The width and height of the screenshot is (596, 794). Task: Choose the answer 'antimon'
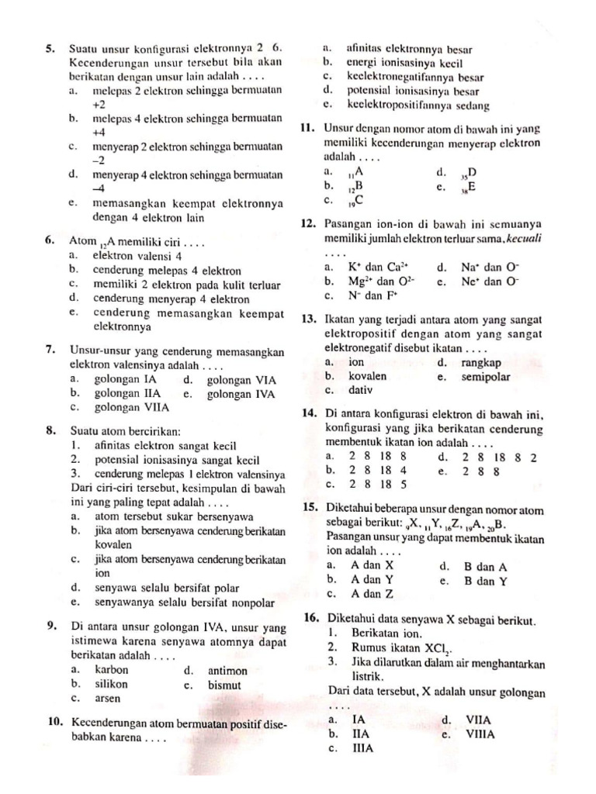[x=228, y=671]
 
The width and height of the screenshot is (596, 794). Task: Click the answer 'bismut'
[x=225, y=685]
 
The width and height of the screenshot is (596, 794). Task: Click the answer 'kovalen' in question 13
[x=369, y=376]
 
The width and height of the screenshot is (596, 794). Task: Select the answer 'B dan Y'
[x=486, y=580]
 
